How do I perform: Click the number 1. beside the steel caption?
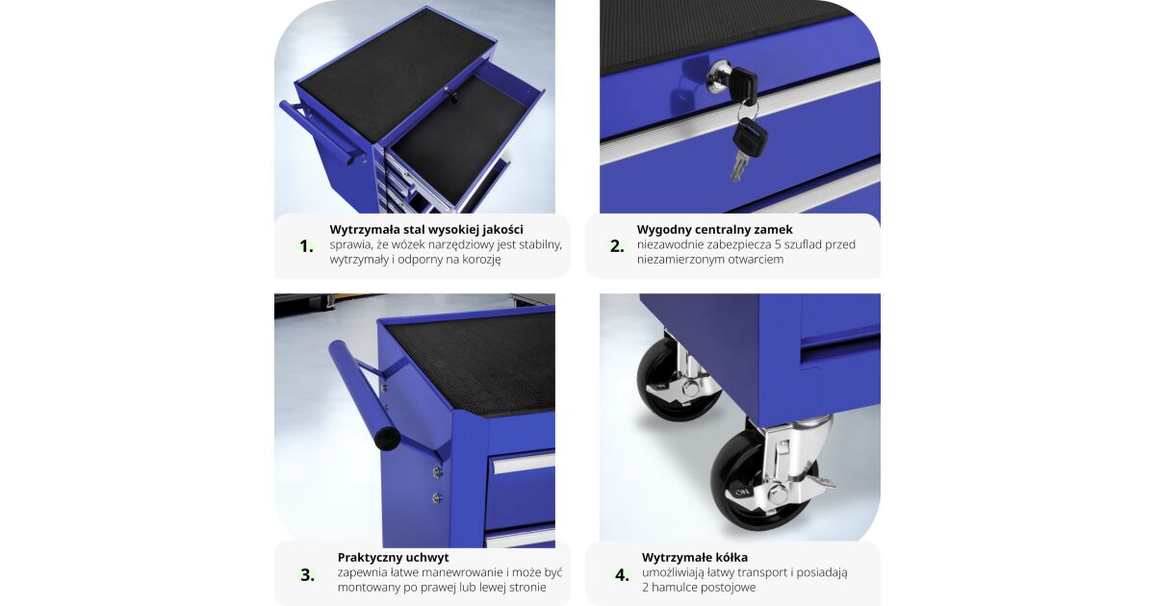[x=307, y=246]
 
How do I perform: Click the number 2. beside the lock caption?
[x=617, y=246]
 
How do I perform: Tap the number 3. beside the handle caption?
[x=308, y=574]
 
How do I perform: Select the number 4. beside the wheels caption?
[x=623, y=574]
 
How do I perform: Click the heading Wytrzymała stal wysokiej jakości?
[x=426, y=229]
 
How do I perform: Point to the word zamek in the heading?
[x=775, y=229]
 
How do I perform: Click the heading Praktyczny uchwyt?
[x=394, y=557]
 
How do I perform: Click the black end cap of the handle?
[x=387, y=439]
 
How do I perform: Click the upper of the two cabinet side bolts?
[x=437, y=472]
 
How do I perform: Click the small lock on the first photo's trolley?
[x=453, y=96]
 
